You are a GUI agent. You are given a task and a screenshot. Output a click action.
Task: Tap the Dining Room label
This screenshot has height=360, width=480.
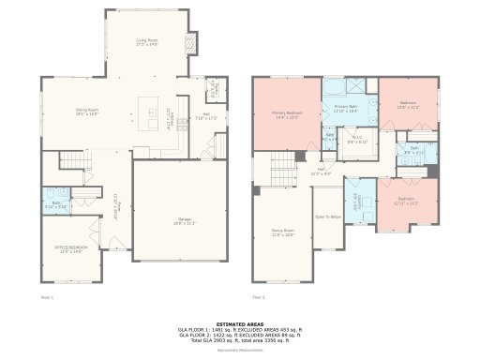87,112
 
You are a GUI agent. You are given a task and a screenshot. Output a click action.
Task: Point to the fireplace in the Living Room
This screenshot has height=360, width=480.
193,43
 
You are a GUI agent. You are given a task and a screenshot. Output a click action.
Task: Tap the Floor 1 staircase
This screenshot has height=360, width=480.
71,161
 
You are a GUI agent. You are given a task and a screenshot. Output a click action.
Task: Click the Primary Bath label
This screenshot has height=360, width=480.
347,110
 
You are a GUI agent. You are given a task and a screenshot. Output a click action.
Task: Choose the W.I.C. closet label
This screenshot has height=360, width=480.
357,140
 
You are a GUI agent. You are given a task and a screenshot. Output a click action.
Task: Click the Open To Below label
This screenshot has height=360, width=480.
327,217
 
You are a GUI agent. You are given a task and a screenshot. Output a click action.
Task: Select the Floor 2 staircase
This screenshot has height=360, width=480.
284,171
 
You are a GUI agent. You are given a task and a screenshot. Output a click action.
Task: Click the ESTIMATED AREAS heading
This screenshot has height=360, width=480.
240,323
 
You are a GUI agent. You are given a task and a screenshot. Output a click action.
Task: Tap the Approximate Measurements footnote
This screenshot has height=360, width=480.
240,351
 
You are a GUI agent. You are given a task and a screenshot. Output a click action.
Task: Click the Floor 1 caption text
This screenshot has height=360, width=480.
48,296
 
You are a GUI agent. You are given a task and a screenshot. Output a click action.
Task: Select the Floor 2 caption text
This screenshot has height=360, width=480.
258,296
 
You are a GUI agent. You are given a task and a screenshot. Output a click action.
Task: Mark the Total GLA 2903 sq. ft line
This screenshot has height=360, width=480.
240,338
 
